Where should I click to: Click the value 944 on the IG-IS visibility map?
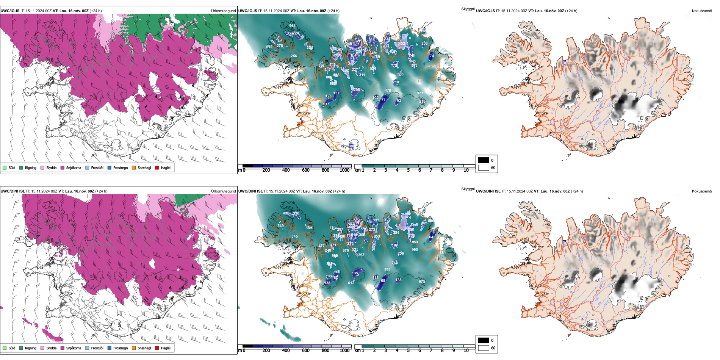(x=292, y=26)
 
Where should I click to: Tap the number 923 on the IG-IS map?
(x=420, y=93)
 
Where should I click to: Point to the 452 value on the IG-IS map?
(x=402, y=43)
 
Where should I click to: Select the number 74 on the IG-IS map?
(x=431, y=56)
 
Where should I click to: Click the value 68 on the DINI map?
(x=383, y=281)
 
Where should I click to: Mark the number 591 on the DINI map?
(x=387, y=270)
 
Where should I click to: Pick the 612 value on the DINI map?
(x=351, y=283)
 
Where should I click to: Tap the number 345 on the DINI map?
(x=294, y=236)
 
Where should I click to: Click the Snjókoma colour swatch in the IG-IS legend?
(x=63, y=167)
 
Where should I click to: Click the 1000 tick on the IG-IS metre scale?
(x=344, y=170)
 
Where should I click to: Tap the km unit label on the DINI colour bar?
(x=357, y=351)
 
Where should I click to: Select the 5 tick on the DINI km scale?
(x=408, y=351)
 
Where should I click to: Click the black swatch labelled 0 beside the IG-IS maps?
(x=484, y=160)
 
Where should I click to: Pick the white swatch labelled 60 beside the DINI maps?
(x=484, y=347)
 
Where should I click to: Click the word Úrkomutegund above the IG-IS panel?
(x=223, y=11)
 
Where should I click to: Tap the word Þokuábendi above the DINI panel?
(x=702, y=191)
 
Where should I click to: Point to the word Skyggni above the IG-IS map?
(x=468, y=9)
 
